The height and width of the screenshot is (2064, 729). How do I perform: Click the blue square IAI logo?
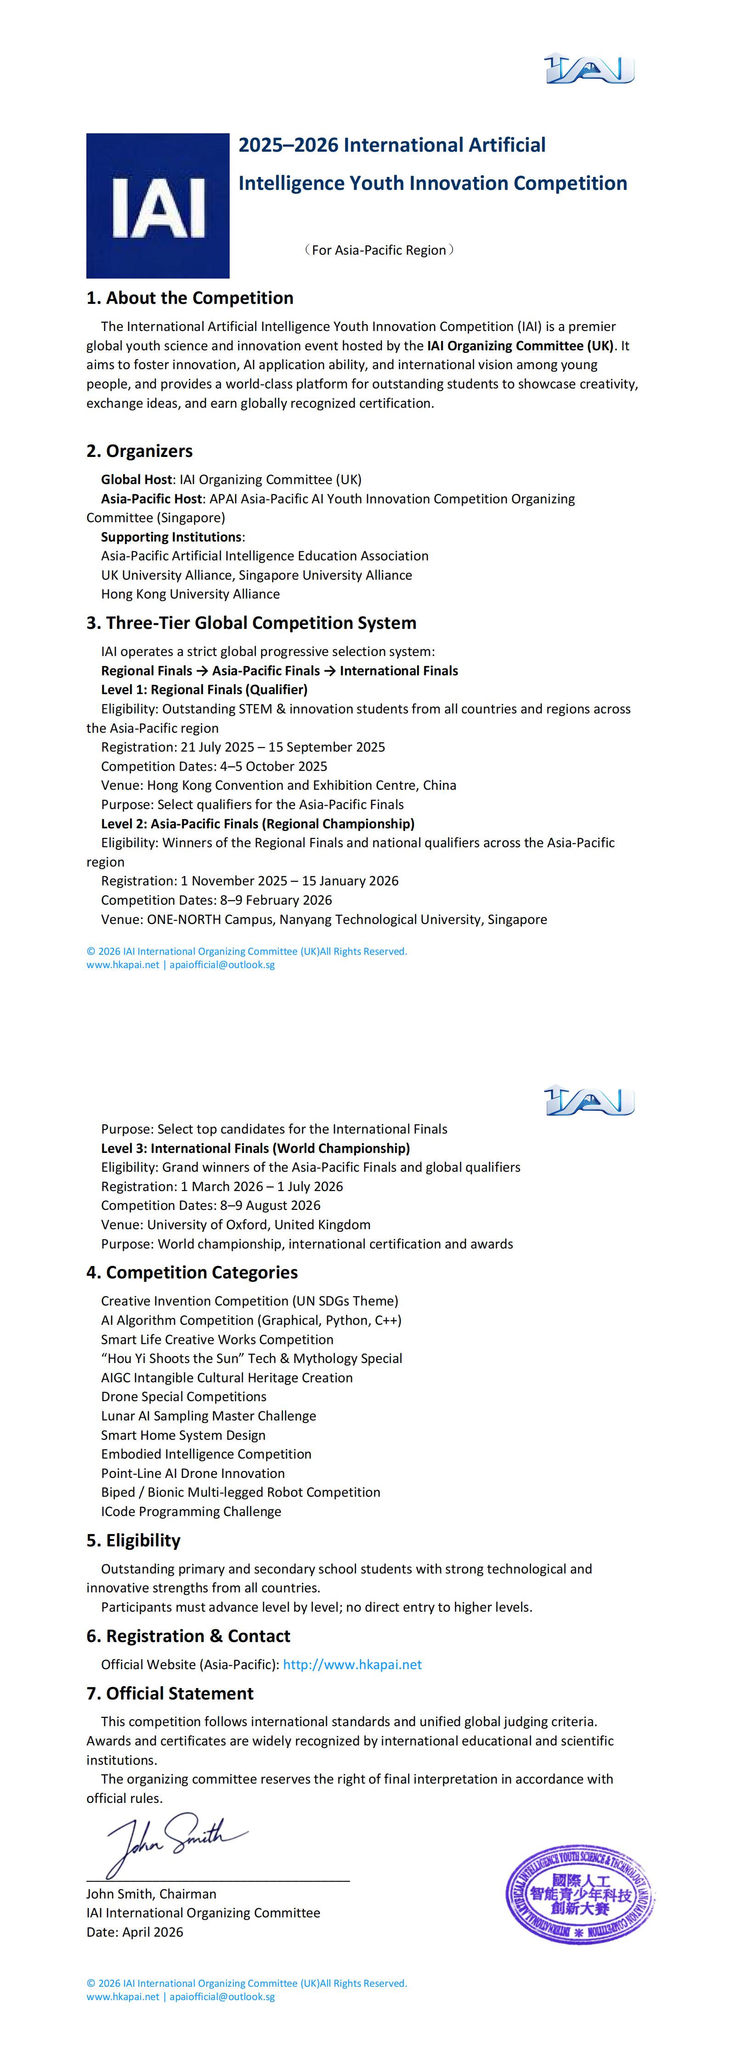point(158,206)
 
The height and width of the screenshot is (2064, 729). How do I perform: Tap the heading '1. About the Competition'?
point(190,298)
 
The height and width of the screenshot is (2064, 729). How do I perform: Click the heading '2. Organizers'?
point(139,451)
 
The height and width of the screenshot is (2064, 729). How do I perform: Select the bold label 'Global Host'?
point(136,479)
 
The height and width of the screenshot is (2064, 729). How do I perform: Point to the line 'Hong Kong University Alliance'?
point(191,594)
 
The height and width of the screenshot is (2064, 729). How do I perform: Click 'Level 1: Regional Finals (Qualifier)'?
point(204,689)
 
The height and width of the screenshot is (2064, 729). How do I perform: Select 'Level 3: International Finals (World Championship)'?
point(255,1148)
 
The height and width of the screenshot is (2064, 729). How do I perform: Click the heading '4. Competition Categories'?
point(192,1272)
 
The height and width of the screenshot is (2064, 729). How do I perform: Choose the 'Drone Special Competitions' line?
point(183,1397)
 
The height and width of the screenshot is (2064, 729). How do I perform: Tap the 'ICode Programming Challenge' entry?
point(191,1511)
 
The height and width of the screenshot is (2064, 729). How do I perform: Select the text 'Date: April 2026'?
point(135,1932)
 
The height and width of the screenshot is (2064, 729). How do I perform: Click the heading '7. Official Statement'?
point(170,1693)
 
